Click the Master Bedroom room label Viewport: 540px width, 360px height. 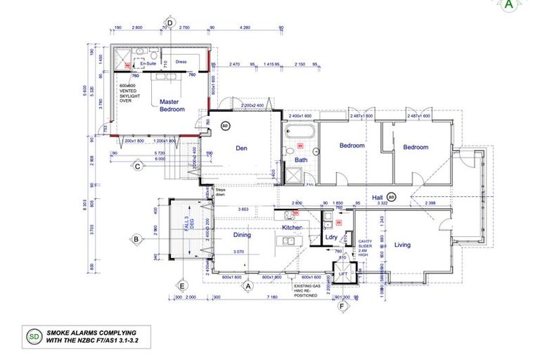pyautogui.click(x=172, y=105)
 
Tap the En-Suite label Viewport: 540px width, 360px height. pyautogui.click(x=148, y=63)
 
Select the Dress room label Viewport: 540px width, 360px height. pyautogui.click(x=181, y=61)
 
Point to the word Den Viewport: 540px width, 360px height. pyautogui.click(x=242, y=148)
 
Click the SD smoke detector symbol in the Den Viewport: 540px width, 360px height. pyautogui.click(x=226, y=126)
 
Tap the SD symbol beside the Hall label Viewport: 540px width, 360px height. pyautogui.click(x=392, y=197)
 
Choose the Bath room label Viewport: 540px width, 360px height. pyautogui.click(x=301, y=160)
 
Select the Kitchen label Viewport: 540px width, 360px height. pyautogui.click(x=292, y=229)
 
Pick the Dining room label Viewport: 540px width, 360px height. pyautogui.click(x=242, y=236)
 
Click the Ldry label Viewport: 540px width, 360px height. pyautogui.click(x=331, y=237)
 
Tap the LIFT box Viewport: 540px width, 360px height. pyautogui.click(x=343, y=274)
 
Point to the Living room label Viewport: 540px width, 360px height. pyautogui.click(x=402, y=245)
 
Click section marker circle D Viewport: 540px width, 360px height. pyautogui.click(x=169, y=22)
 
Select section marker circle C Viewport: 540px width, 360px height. pyautogui.click(x=139, y=167)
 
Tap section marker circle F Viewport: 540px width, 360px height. pyautogui.click(x=342, y=307)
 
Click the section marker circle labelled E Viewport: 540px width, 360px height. pyautogui.click(x=181, y=285)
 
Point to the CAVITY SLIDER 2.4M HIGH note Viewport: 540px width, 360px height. pyautogui.click(x=364, y=247)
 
